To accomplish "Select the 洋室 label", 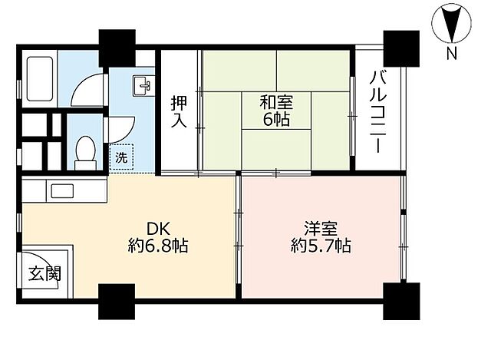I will pyautogui.click(x=321, y=228).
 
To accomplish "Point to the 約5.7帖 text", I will pyautogui.click(x=321, y=246).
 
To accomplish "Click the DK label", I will pyautogui.click(x=158, y=228).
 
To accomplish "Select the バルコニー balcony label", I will pyautogui.click(x=377, y=110).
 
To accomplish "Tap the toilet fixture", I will pyautogui.click(x=86, y=151).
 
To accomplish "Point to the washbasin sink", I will pyautogui.click(x=143, y=85).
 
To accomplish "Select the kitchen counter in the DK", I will pyautogui.click(x=64, y=190).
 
